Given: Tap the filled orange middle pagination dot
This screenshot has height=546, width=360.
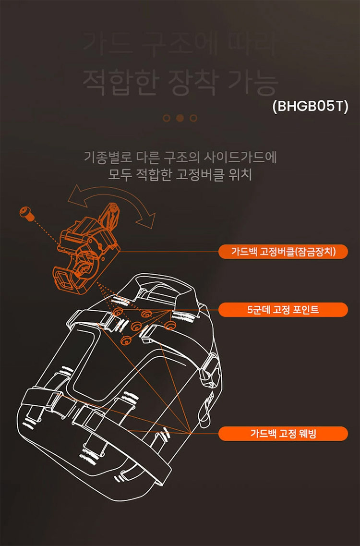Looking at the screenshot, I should point(180,118).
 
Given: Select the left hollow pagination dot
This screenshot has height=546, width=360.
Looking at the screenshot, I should point(167,118).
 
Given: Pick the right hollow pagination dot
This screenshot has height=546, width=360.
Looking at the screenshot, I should point(193,118).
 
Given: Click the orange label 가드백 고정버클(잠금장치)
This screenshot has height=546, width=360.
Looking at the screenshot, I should point(283,252).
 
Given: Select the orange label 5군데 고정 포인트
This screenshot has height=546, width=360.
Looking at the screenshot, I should point(283,310).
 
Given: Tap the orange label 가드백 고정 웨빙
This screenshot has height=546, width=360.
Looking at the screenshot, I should point(283,434).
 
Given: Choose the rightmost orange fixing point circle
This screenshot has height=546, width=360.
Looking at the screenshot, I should point(168,326).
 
